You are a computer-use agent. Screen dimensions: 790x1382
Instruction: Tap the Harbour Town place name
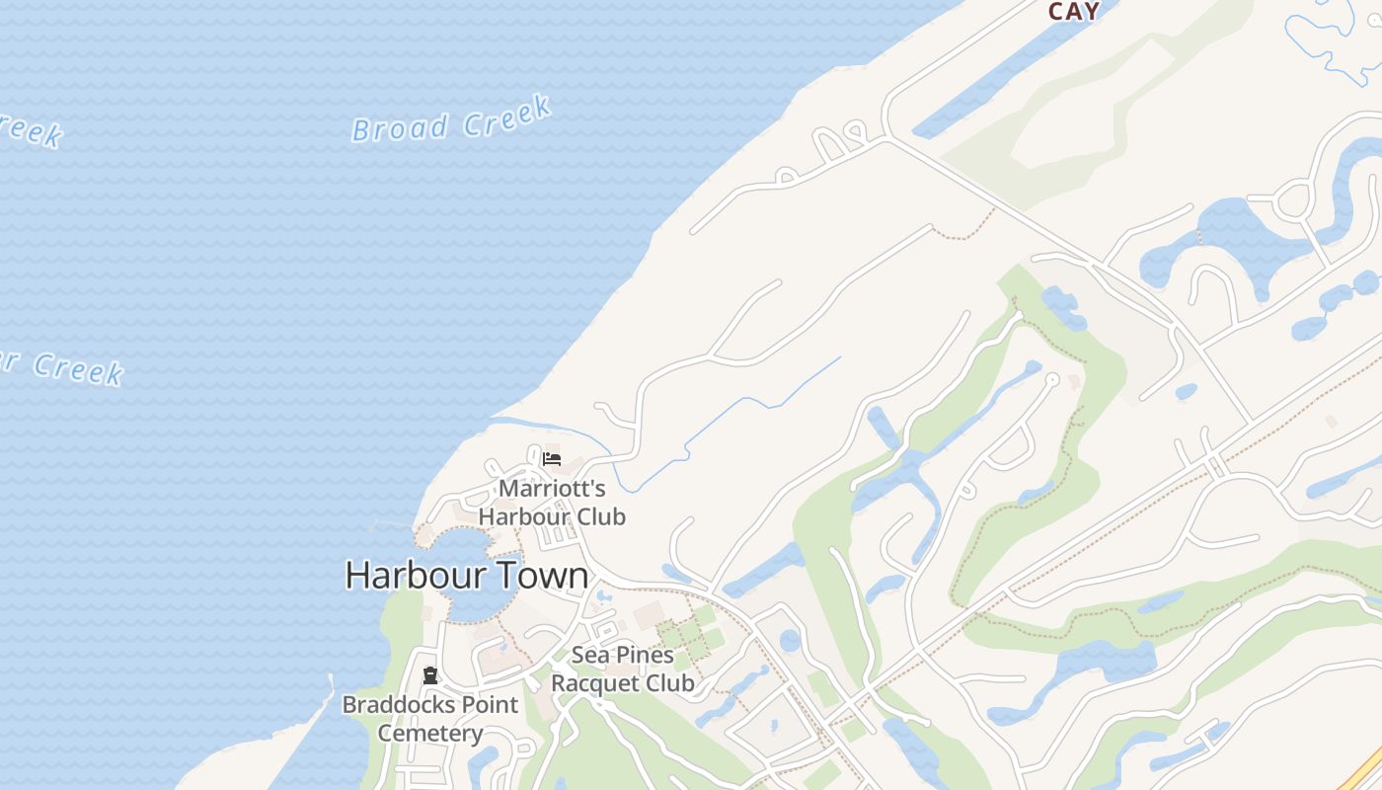pos(466,576)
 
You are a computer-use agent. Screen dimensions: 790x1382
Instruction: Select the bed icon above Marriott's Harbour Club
pos(552,459)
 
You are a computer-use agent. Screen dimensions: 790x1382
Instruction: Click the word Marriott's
pos(552,489)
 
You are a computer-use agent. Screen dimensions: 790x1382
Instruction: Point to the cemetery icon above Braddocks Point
pos(429,676)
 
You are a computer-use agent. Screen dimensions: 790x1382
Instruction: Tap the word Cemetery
pos(430,734)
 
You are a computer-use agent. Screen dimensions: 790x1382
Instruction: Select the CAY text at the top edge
pos(1073,12)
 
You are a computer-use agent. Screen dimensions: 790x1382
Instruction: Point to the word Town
pos(542,576)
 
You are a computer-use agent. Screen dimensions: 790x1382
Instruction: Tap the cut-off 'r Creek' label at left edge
pos(64,367)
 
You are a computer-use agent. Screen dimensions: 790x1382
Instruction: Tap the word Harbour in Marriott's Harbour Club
pos(523,516)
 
